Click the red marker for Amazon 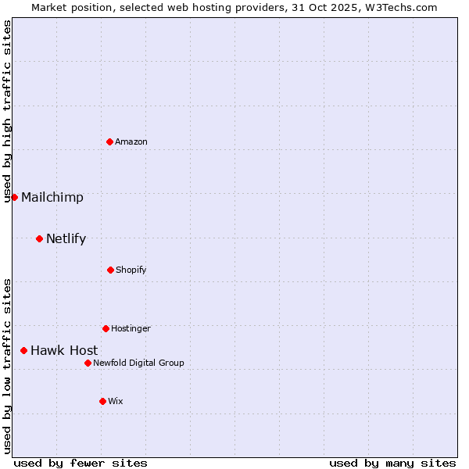tap(109, 141)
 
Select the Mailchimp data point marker tap(14, 197)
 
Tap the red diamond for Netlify tap(39, 238)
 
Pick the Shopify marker tap(110, 270)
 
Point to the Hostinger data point tap(106, 328)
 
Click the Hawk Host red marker tap(23, 350)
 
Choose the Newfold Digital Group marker tap(88, 363)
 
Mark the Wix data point tap(102, 401)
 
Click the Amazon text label tap(131, 141)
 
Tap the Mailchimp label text tap(52, 197)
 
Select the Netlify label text tap(66, 238)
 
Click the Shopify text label tap(131, 270)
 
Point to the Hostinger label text tap(131, 328)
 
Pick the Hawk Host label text tap(64, 350)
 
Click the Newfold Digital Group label tap(138, 363)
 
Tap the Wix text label tap(116, 401)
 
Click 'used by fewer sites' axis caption tap(81, 463)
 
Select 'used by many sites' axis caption tap(392, 463)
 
